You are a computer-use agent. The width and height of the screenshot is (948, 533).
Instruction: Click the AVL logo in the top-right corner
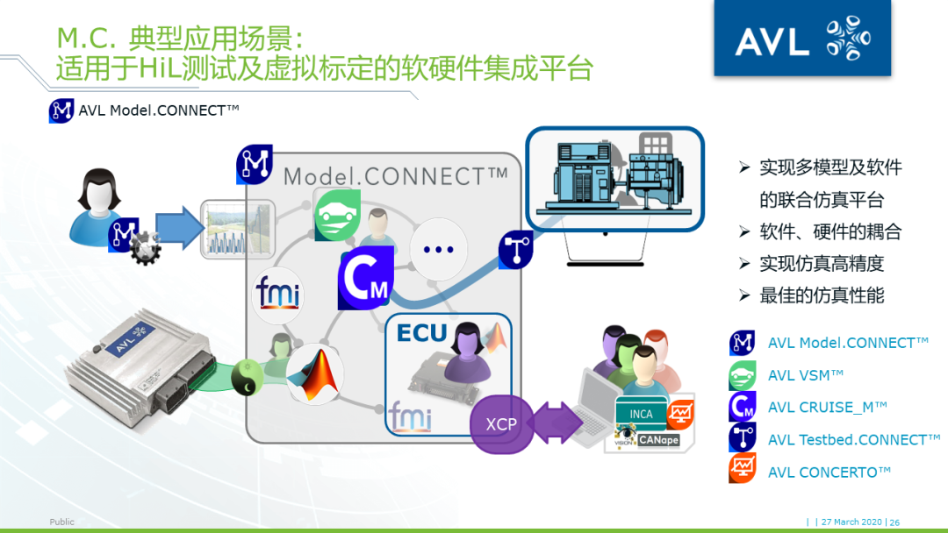pyautogui.click(x=801, y=39)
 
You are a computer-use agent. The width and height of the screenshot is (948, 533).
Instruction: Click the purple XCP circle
pyautogui.click(x=501, y=424)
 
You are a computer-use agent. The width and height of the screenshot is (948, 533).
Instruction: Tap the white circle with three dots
pyautogui.click(x=438, y=248)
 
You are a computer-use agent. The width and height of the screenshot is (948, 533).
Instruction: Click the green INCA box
pyautogui.click(x=641, y=414)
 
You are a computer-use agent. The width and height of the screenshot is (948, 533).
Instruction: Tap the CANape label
pyautogui.click(x=658, y=440)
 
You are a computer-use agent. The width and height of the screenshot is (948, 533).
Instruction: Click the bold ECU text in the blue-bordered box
pyautogui.click(x=421, y=333)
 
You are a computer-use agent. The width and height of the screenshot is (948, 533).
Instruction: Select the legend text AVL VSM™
pyautogui.click(x=805, y=375)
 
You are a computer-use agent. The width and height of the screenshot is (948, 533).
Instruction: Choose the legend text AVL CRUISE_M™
pyautogui.click(x=827, y=408)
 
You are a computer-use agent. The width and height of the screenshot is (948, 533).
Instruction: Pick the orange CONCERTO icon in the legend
pyautogui.click(x=743, y=470)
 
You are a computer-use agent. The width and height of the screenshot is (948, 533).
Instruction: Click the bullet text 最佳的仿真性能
pyautogui.click(x=822, y=295)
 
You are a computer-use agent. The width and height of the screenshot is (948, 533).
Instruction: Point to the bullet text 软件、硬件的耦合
pyautogui.click(x=830, y=232)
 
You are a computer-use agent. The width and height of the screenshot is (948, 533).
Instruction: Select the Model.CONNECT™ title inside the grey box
pyautogui.click(x=395, y=175)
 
